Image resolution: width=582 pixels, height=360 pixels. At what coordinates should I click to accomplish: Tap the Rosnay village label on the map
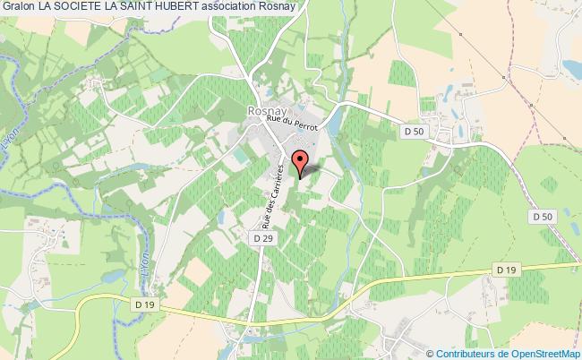pyautogui.click(x=266, y=109)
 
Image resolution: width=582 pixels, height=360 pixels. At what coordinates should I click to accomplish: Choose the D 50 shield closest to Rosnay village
pyautogui.click(x=409, y=133)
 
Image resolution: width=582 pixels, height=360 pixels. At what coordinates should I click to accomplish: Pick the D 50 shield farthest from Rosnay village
pyautogui.click(x=543, y=216)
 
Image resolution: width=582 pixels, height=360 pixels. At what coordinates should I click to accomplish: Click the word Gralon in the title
pyautogui.click(x=19, y=7)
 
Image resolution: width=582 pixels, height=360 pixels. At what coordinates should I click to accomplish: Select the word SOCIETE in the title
pyautogui.click(x=86, y=7)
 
